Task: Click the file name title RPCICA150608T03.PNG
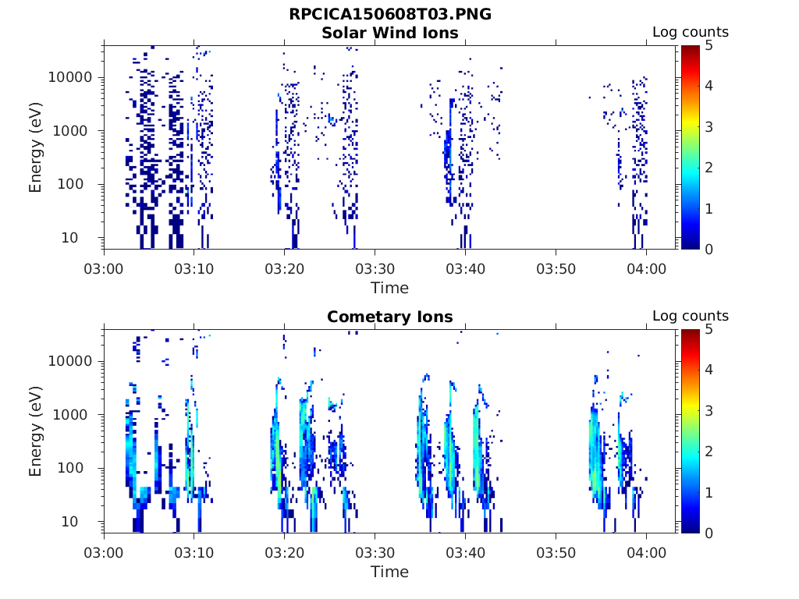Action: [390, 14]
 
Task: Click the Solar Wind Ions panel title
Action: [390, 33]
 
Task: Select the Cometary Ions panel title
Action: [390, 317]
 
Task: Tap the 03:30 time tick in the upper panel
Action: [375, 268]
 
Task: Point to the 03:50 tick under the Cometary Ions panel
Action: [556, 553]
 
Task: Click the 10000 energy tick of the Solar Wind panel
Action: [69, 77]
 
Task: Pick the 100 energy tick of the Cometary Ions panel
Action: [69, 468]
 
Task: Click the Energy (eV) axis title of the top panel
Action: [34, 147]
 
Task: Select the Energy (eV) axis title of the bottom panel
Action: [34, 431]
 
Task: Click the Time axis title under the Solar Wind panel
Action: [390, 288]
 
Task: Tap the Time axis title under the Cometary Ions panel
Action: [390, 572]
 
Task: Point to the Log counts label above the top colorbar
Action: [691, 32]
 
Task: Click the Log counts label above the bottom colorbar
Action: [691, 316]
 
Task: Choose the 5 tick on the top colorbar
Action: [708, 45]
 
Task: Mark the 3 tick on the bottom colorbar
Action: [708, 410]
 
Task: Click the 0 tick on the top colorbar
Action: [708, 249]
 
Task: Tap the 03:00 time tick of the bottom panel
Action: [104, 553]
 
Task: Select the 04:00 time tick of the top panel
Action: [647, 268]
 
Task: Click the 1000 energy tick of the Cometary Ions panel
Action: [69, 415]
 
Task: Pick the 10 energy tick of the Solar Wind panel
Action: [69, 237]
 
